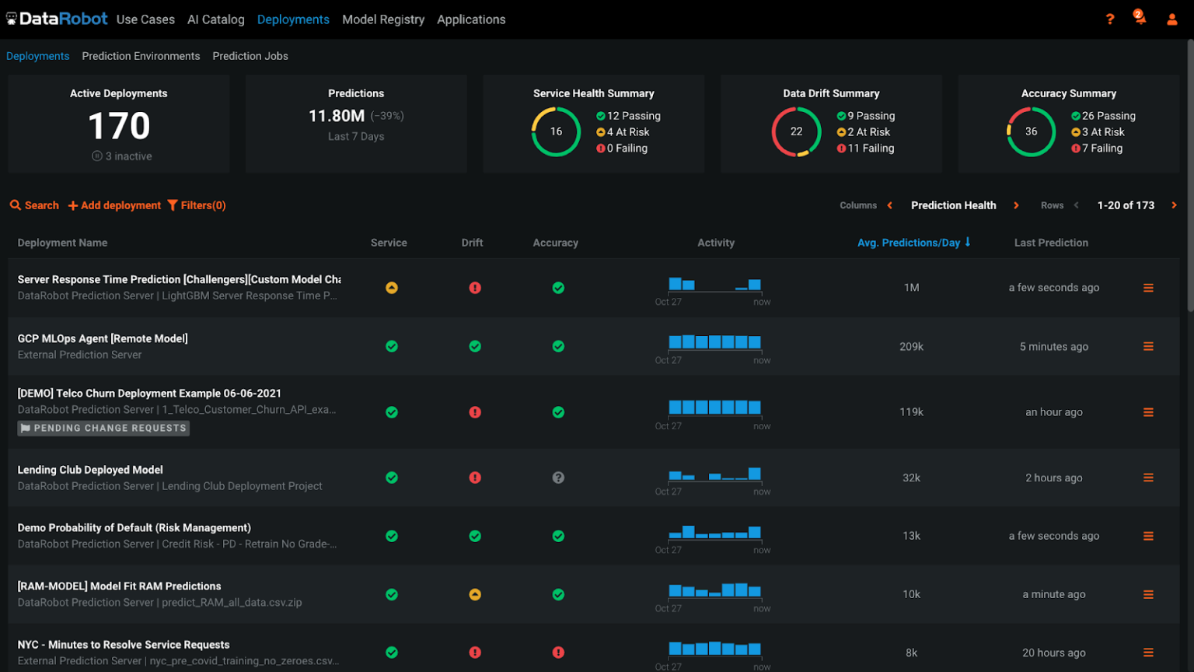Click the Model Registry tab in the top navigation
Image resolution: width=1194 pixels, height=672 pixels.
click(x=383, y=19)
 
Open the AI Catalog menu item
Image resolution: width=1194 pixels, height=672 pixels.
click(x=215, y=19)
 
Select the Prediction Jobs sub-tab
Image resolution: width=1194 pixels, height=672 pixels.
click(x=250, y=56)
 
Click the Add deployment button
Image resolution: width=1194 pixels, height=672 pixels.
click(x=114, y=205)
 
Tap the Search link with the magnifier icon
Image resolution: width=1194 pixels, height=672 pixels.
click(x=34, y=205)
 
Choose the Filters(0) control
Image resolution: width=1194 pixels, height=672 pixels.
click(x=197, y=205)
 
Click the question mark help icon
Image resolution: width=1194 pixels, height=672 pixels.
click(x=1110, y=19)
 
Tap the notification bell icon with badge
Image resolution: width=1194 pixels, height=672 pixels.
click(x=1140, y=18)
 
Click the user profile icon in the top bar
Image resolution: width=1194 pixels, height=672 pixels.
click(x=1171, y=19)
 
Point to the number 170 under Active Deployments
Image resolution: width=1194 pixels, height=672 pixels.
click(x=119, y=126)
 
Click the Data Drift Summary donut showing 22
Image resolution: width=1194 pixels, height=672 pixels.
click(x=796, y=131)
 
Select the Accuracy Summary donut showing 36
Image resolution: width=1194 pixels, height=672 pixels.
click(x=1031, y=131)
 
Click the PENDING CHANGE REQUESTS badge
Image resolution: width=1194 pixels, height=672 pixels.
click(x=103, y=428)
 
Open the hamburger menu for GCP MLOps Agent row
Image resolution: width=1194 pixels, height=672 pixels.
click(x=1148, y=347)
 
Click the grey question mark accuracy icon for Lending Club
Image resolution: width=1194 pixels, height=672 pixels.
click(x=558, y=478)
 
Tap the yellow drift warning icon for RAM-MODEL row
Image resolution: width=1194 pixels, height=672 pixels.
click(x=475, y=594)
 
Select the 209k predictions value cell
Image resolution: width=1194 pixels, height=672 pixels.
click(x=911, y=347)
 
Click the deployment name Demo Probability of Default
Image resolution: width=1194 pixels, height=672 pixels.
click(x=134, y=527)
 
